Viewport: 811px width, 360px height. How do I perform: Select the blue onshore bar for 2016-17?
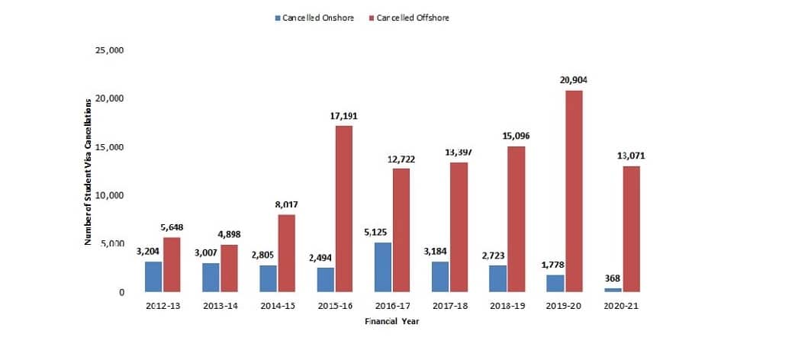coord(383,267)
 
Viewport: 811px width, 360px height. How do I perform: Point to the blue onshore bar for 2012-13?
coord(154,276)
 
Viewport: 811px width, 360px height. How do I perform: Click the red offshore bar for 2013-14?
coord(230,268)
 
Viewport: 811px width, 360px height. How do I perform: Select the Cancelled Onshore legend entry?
coord(313,18)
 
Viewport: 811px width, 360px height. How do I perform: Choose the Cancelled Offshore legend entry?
coord(407,18)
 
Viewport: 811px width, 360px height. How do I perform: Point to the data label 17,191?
coord(344,115)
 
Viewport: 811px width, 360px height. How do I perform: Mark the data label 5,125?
coord(383,232)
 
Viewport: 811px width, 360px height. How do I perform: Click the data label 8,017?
coord(287,204)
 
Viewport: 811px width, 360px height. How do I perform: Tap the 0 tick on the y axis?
coord(121,292)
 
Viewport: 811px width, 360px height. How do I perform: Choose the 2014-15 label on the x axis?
coord(278,307)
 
